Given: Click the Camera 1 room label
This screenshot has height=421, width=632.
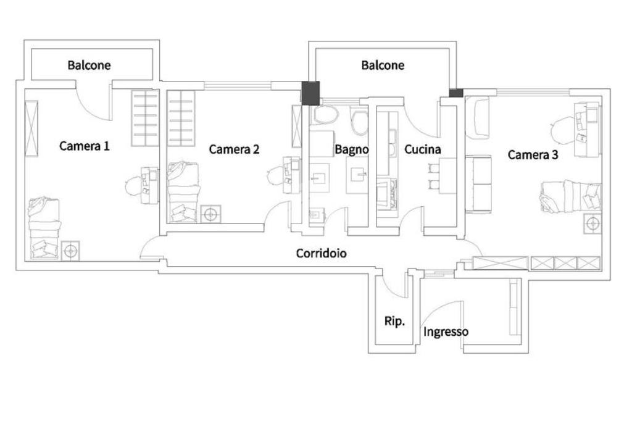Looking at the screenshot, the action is (84, 146).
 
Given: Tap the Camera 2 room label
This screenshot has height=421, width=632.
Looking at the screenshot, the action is (234, 149).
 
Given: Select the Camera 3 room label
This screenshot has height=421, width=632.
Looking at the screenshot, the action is (533, 154).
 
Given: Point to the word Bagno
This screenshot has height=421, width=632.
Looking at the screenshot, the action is (352, 149).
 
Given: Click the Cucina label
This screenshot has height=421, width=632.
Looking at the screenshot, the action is (422, 149).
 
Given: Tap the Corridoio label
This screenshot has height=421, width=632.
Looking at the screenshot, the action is (321, 253).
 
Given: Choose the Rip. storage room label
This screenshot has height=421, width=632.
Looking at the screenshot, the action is (394, 322).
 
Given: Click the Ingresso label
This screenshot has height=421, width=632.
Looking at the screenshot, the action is (446, 332).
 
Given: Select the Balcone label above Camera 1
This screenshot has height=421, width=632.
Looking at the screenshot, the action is (89, 65).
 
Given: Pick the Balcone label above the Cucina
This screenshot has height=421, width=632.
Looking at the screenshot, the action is (383, 65).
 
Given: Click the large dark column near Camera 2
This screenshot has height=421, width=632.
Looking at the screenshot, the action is (311, 93).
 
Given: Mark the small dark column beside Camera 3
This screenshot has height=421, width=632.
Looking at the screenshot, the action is (456, 93).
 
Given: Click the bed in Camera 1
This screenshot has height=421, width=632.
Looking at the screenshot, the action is (44, 228).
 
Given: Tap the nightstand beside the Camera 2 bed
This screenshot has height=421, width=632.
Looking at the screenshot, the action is (211, 214).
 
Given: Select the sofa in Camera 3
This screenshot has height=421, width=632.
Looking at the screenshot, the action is (478, 183).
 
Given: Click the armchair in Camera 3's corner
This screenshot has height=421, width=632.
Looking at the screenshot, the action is (478, 117).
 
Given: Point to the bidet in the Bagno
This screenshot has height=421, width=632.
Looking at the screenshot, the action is (360, 121).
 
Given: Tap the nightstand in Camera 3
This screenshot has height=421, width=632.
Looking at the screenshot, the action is (592, 224).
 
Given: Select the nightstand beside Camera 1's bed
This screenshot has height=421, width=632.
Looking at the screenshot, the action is (70, 251).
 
